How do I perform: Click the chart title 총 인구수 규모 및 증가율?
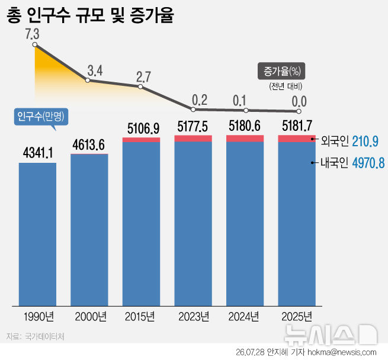pyautogui.click(x=90, y=15)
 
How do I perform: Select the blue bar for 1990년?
pyautogui.click(x=37, y=234)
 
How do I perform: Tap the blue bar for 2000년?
pyautogui.click(x=89, y=230)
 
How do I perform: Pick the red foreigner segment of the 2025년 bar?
pyautogui.click(x=297, y=139)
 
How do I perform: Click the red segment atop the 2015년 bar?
pyautogui.click(x=142, y=140)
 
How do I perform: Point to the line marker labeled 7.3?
pyautogui.click(x=35, y=44)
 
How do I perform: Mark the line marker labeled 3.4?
pyautogui.click(x=88, y=80)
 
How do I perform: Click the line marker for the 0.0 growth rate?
pyautogui.click(x=299, y=111)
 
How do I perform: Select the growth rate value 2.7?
pyautogui.click(x=143, y=77)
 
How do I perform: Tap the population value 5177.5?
pyautogui.click(x=193, y=127)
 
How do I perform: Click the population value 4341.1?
pyautogui.click(x=38, y=152)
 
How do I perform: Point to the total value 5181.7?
pyautogui.click(x=297, y=126)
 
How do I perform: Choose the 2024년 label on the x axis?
pyautogui.click(x=243, y=316)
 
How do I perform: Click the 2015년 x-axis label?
pyautogui.click(x=140, y=316)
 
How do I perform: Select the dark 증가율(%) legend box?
pyautogui.click(x=281, y=71)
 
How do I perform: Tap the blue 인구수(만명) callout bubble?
pyautogui.click(x=41, y=117)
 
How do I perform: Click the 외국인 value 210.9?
pyautogui.click(x=365, y=142)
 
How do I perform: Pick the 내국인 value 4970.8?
pyautogui.click(x=368, y=163)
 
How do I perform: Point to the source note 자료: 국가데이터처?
pyautogui.click(x=36, y=336)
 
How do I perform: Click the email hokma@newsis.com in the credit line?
pyautogui.click(x=342, y=352)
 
